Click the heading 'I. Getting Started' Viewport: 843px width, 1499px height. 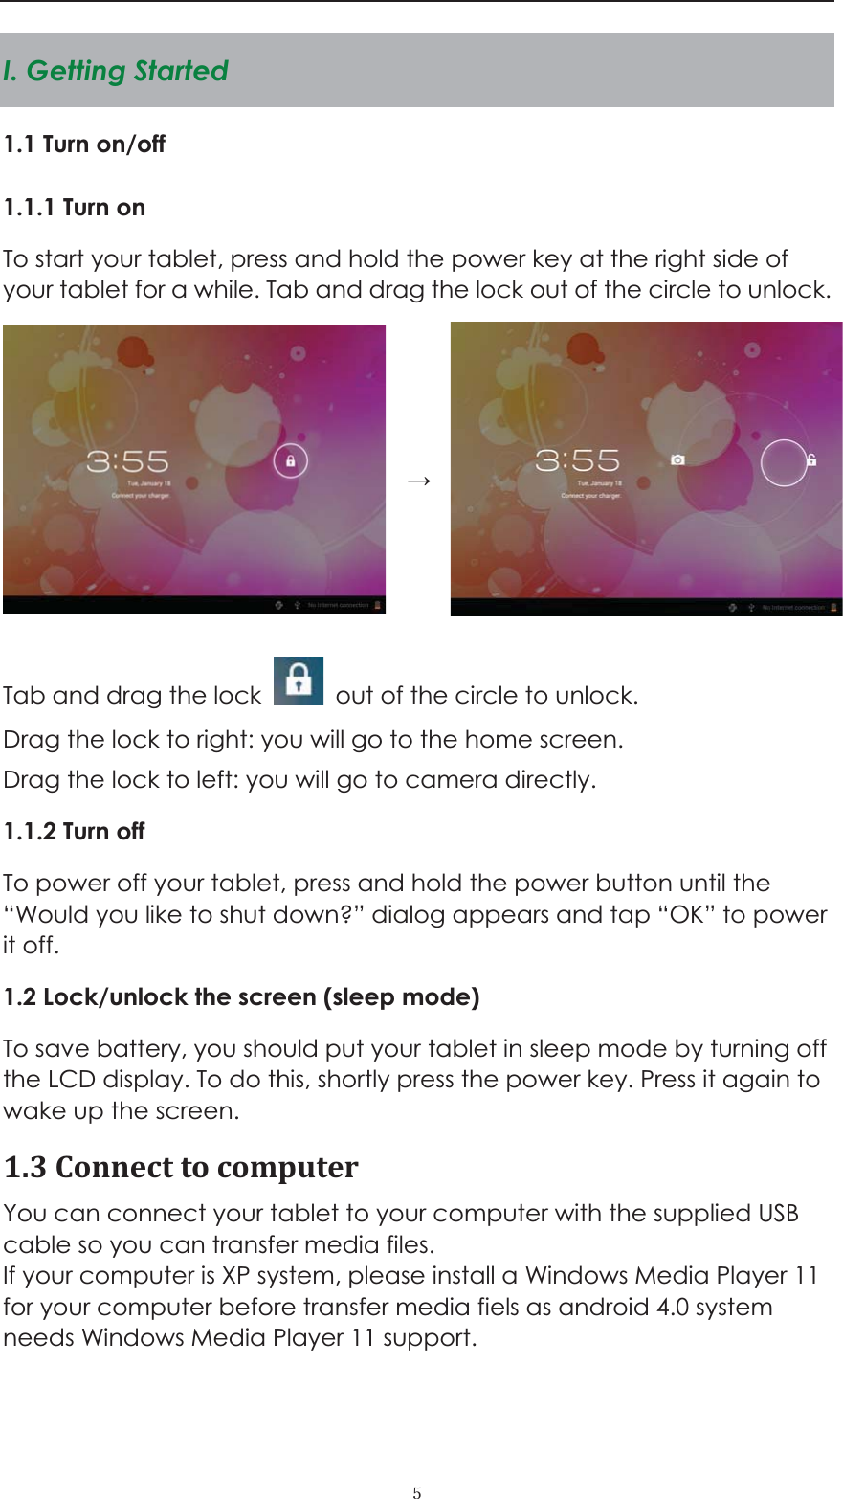click(116, 71)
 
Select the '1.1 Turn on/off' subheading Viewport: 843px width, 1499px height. click(84, 145)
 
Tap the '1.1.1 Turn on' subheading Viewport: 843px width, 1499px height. click(75, 208)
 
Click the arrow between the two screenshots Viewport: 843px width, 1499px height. click(418, 480)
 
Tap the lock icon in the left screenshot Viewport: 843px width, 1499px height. click(290, 460)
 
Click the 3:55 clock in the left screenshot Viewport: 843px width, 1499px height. click(127, 462)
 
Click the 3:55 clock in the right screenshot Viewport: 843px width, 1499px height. click(577, 460)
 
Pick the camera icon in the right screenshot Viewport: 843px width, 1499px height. click(677, 460)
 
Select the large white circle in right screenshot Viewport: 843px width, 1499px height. click(785, 462)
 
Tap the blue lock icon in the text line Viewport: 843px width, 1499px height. click(299, 681)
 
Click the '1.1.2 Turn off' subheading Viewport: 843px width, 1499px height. click(74, 832)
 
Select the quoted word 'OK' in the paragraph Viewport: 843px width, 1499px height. click(687, 915)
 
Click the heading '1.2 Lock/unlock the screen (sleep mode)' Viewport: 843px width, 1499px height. click(241, 997)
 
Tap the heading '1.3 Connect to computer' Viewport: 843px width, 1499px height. click(181, 1168)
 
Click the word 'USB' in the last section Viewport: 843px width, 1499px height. click(778, 1214)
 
